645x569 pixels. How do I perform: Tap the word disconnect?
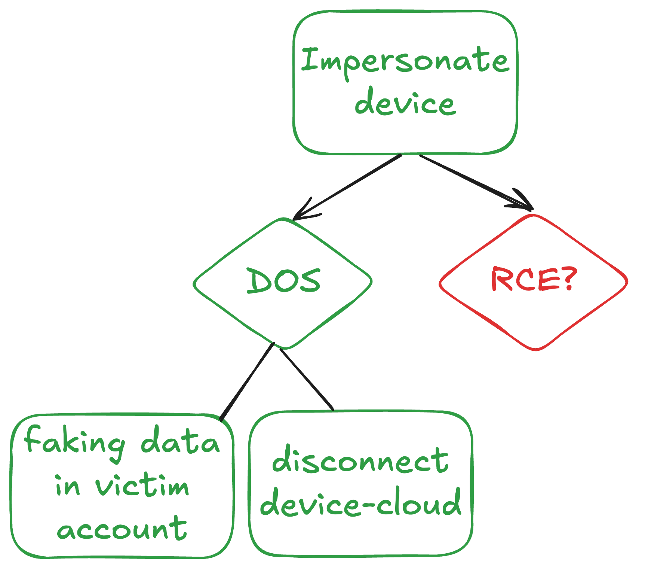[360, 460]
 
